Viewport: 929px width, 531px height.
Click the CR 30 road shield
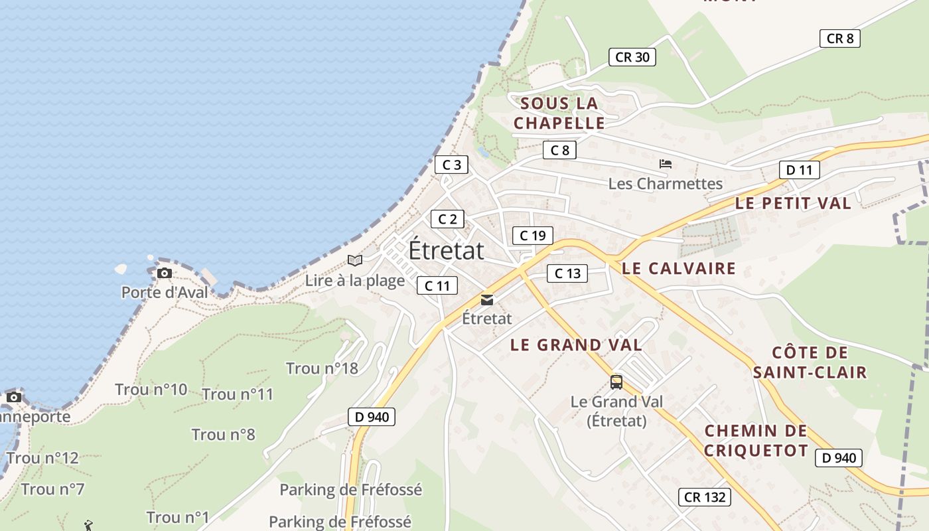click(x=632, y=57)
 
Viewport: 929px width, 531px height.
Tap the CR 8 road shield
click(x=839, y=38)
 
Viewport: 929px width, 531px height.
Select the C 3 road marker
click(x=451, y=165)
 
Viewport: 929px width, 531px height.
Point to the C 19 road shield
click(x=532, y=235)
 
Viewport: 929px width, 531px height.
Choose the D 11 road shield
click(x=799, y=170)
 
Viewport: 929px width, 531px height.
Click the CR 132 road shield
click(x=704, y=496)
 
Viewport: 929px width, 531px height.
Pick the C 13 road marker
click(x=567, y=273)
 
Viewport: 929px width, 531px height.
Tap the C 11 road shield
click(x=437, y=285)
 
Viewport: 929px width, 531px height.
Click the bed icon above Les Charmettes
click(x=666, y=164)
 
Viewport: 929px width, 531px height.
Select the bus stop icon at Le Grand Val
click(x=616, y=382)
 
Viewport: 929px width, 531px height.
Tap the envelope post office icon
click(x=487, y=300)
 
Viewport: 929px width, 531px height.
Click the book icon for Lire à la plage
click(x=355, y=260)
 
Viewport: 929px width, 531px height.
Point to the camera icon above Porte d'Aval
click(x=164, y=273)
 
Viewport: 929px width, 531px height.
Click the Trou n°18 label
click(x=322, y=368)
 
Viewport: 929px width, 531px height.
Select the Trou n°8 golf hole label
click(x=224, y=435)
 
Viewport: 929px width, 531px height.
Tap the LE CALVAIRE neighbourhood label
click(x=678, y=268)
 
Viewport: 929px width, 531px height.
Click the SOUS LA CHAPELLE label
click(x=559, y=113)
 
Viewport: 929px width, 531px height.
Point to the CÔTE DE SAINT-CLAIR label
click(x=810, y=362)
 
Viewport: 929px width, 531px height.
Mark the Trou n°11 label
click(x=238, y=394)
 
